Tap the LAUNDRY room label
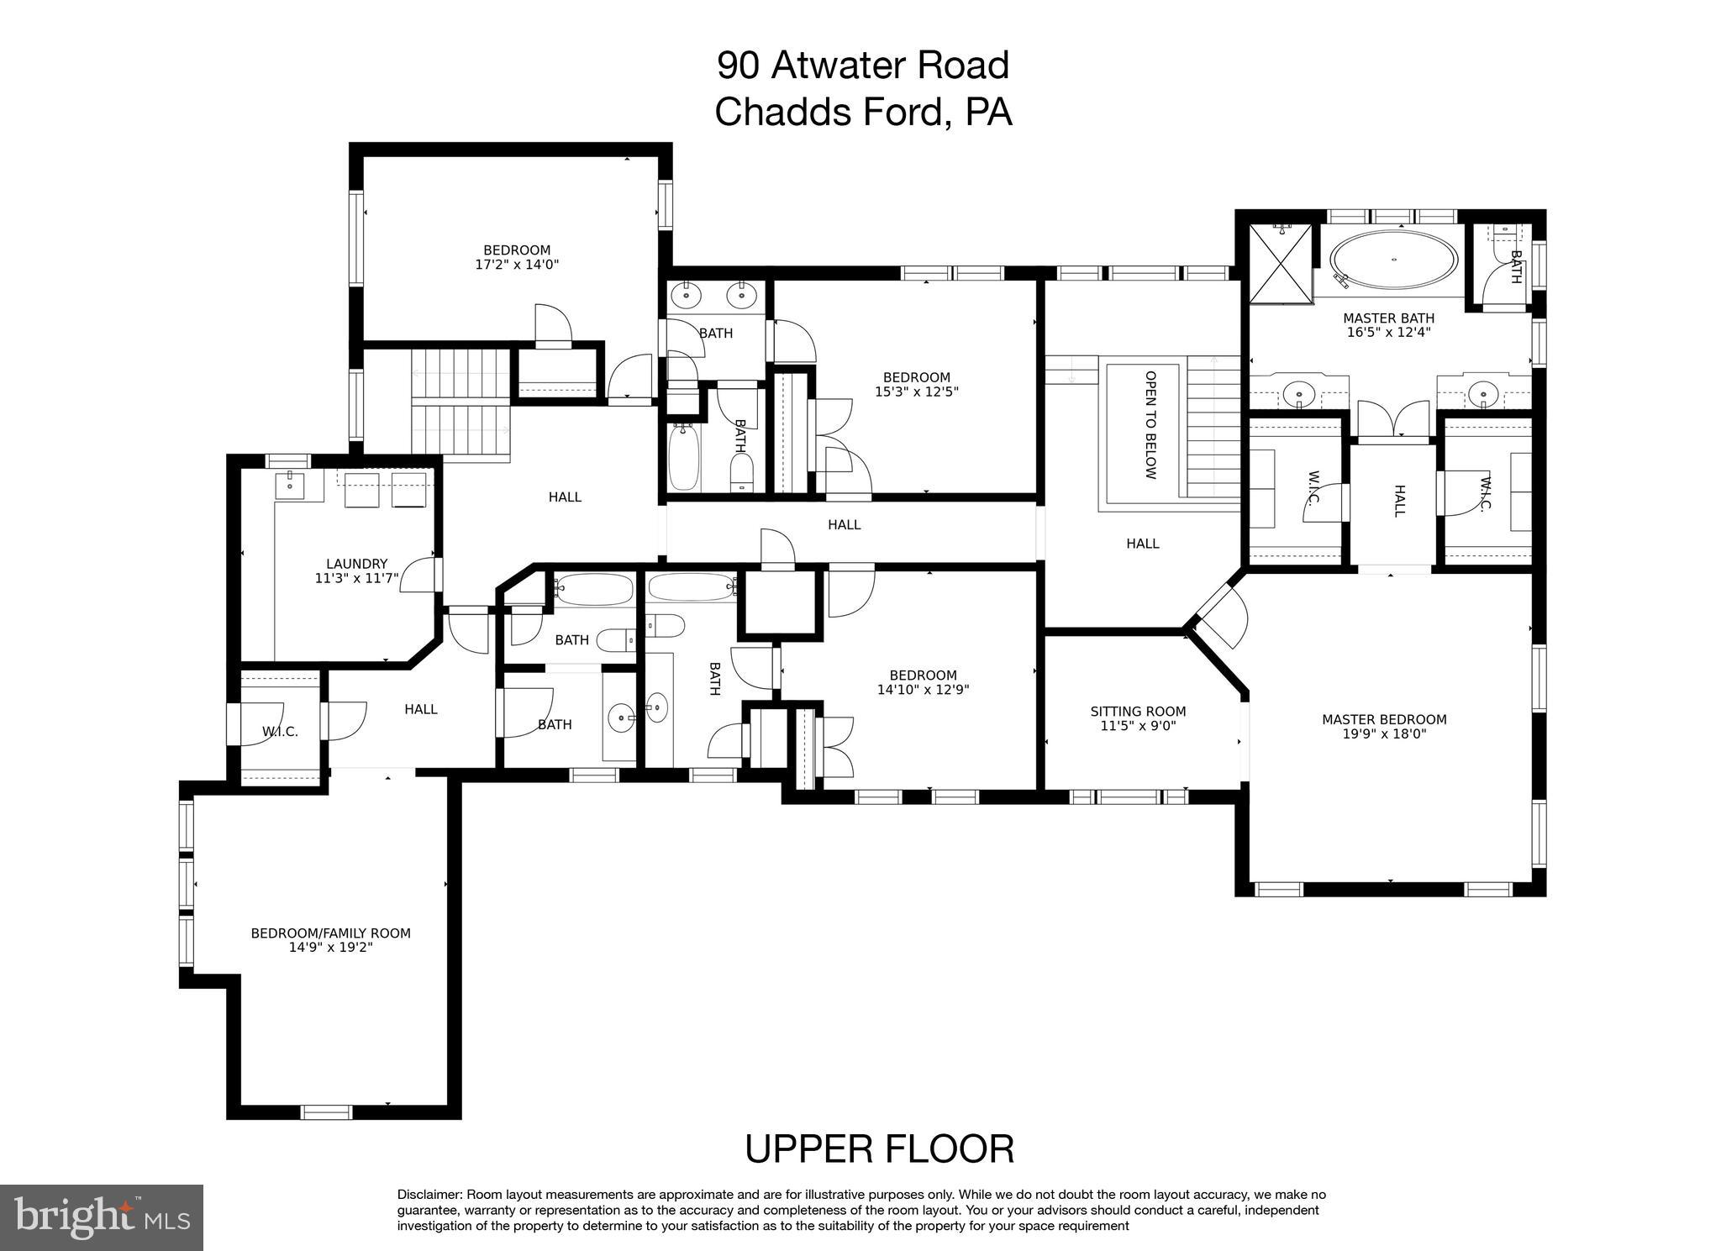(356, 564)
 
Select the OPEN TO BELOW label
(1150, 425)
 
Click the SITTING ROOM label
(1138, 712)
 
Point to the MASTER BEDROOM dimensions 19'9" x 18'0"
(1384, 733)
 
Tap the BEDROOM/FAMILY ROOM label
(330, 933)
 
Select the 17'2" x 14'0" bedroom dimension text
(517, 265)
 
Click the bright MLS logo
(102, 1217)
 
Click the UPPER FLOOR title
(879, 1149)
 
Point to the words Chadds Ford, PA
(863, 112)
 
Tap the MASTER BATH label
(1388, 318)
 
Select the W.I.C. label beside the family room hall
(280, 732)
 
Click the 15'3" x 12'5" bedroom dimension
(916, 392)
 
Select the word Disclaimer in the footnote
(429, 1195)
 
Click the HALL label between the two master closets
(1399, 501)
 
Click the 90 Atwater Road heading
(863, 65)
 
